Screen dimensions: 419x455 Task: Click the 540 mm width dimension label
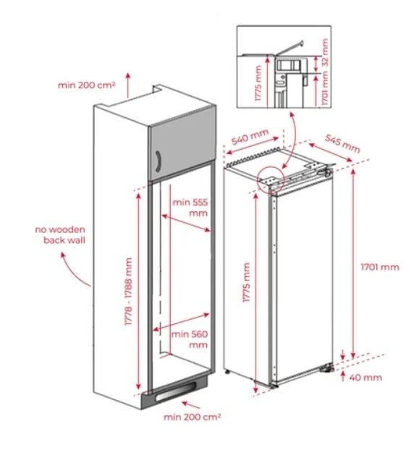tap(250, 137)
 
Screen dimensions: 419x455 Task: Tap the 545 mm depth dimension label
tap(342, 143)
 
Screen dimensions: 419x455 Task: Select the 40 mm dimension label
tap(365, 378)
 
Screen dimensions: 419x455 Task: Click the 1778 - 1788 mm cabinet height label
tap(128, 292)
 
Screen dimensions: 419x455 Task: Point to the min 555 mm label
tap(190, 208)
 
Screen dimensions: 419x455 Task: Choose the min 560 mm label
tap(190, 339)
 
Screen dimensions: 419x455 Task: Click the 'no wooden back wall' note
tap(60, 235)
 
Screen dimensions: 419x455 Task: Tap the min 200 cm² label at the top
tap(87, 85)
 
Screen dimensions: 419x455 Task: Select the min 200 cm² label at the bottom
tap(192, 417)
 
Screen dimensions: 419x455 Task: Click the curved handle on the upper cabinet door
tap(158, 161)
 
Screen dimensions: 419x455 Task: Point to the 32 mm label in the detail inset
tap(325, 51)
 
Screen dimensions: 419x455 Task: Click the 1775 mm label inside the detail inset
tap(258, 84)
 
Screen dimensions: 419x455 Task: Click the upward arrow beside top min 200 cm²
tap(128, 85)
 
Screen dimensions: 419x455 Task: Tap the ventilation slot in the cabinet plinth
tap(175, 391)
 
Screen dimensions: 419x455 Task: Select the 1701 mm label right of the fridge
tap(380, 267)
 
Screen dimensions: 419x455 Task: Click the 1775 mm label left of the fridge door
tap(246, 282)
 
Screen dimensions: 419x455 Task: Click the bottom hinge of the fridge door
tap(326, 368)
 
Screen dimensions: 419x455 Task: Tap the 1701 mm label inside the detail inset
tap(325, 88)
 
